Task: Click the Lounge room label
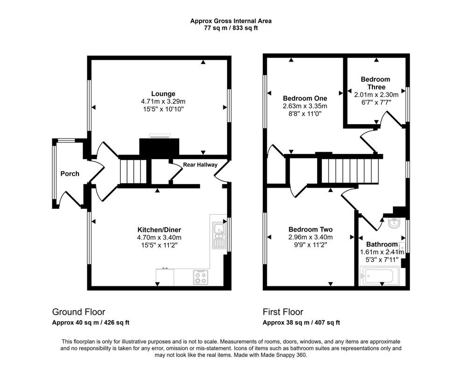point(163,94)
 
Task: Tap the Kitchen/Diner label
point(159,230)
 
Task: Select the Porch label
point(70,174)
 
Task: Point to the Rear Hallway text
point(200,165)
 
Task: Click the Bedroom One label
point(305,99)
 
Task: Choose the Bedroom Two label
point(311,229)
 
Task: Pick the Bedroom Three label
point(376,83)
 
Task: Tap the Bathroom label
point(382,244)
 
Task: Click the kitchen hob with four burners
point(200,277)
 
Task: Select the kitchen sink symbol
point(218,235)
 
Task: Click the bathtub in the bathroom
point(379,276)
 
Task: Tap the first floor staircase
point(349,171)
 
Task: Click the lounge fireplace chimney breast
point(159,147)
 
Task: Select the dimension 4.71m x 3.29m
point(163,102)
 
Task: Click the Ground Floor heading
point(78,312)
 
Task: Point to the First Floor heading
point(283,312)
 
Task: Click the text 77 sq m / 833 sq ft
point(231,28)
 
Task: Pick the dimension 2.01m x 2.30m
point(376,95)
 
